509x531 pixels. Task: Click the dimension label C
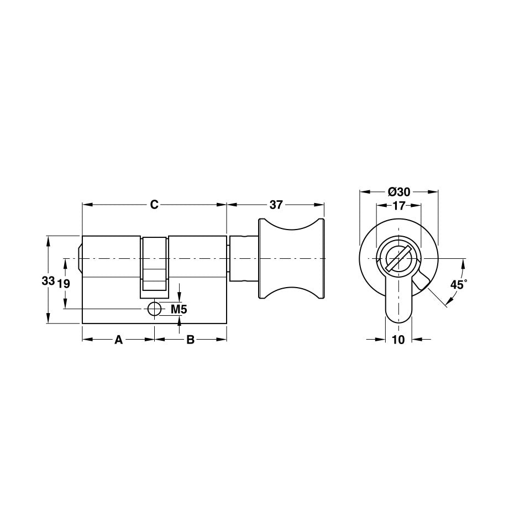154,205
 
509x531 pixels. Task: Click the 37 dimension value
276,205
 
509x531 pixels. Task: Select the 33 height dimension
48,281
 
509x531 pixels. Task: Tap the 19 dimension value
64,283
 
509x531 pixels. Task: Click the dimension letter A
118,340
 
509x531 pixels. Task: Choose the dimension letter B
190,340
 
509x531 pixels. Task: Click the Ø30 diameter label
398,192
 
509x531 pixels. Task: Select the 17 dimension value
398,206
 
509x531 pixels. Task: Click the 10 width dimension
398,340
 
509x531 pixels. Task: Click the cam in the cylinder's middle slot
155,263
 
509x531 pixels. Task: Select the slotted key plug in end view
398,258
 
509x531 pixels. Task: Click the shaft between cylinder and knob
243,258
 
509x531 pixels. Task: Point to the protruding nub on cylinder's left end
80,258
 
